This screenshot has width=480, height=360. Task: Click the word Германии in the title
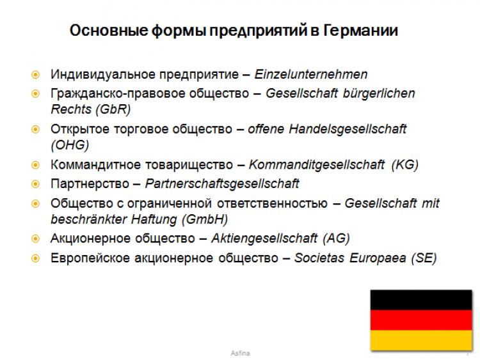[x=360, y=31]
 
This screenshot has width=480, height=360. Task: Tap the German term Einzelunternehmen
[x=311, y=74]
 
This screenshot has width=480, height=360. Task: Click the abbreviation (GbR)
[x=113, y=109]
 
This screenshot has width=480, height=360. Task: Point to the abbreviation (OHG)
[x=70, y=145]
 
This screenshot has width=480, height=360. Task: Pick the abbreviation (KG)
[x=404, y=164]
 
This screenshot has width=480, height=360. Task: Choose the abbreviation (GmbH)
[x=205, y=219]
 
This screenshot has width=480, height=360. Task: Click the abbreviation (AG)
[x=336, y=239]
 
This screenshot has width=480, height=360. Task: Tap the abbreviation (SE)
[x=424, y=258]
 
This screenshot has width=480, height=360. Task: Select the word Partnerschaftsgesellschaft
[x=222, y=184]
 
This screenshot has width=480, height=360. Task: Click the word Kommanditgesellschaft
[x=317, y=164]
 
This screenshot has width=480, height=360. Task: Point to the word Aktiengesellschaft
[x=264, y=239]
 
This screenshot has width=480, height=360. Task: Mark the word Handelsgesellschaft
[x=348, y=129]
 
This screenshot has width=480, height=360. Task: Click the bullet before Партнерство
[x=35, y=184]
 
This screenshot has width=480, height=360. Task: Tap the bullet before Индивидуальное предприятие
[x=35, y=75]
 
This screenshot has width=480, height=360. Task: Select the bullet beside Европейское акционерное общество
[x=35, y=258]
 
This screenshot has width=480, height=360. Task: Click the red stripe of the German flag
[x=421, y=320]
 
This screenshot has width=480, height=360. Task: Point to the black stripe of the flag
[x=421, y=300]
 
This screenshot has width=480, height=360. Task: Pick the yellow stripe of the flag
[x=421, y=340]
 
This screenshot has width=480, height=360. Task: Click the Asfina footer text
[x=240, y=353]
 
